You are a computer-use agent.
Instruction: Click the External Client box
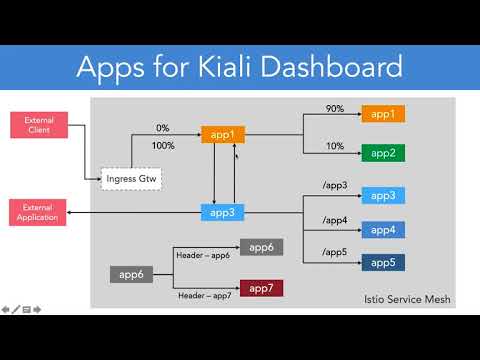38,125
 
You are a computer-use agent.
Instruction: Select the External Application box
38,212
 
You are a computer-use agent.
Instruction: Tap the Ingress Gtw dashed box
132,180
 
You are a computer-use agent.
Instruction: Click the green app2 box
383,153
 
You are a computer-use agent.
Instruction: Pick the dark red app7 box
261,288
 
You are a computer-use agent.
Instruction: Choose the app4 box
383,230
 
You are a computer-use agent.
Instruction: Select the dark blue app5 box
383,262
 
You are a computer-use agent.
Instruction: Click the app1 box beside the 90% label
383,114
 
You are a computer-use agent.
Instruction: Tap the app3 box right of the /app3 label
383,196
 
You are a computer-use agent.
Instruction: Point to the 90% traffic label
335,109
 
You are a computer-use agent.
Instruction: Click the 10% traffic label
335,146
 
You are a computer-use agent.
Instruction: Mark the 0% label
162,128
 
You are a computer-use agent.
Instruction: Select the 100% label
162,146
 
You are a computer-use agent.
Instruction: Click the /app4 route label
335,221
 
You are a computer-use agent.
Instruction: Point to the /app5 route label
335,253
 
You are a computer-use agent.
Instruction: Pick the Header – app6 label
203,256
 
